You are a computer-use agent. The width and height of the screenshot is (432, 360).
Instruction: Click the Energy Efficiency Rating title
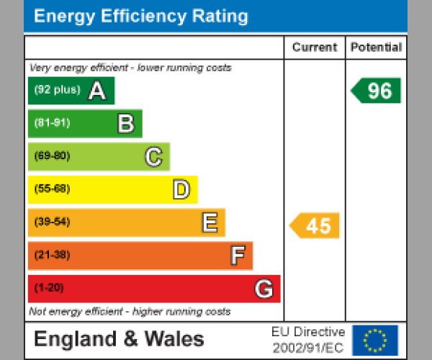[141, 17]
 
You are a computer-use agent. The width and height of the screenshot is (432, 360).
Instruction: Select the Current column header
[315, 48]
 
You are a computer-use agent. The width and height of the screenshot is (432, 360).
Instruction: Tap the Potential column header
[376, 48]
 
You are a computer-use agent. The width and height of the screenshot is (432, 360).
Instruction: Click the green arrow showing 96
[377, 91]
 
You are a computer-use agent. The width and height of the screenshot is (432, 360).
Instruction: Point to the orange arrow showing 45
[315, 225]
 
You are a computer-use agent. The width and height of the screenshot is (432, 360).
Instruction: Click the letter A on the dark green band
[97, 91]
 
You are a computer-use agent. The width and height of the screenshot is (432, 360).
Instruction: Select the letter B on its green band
[125, 124]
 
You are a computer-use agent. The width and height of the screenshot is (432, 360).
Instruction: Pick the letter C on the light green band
[153, 157]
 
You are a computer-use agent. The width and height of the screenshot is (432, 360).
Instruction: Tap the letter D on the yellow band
[181, 190]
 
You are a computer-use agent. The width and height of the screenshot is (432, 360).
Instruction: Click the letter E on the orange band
[209, 223]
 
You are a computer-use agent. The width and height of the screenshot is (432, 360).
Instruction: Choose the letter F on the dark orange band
[237, 256]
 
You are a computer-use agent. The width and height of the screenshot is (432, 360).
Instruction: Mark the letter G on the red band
[264, 289]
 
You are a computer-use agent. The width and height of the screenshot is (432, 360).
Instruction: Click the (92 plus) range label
[57, 91]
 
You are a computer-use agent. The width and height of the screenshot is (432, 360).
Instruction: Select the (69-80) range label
[52, 156]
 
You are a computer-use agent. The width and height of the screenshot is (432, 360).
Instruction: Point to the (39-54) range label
[52, 222]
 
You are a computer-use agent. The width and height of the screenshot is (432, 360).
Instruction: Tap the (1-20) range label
[49, 288]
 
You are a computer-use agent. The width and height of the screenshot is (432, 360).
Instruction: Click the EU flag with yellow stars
[374, 340]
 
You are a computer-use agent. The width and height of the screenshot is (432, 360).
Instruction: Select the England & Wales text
[119, 339]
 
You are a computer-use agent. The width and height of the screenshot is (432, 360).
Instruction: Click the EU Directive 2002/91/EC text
[308, 340]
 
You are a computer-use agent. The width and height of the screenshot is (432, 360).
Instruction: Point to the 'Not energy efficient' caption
[130, 312]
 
